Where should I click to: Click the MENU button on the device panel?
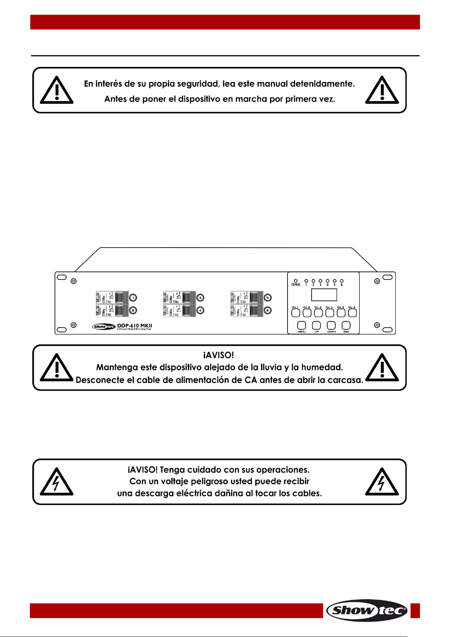(302, 325)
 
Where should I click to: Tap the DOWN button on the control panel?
(331, 325)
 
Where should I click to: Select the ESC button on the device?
(346, 325)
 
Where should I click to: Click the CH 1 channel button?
(296, 313)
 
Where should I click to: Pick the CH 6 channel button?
(353, 313)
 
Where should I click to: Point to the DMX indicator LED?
(295, 281)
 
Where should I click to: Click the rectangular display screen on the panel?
(324, 295)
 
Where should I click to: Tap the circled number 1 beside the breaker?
(133, 298)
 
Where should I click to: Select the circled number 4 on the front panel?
(201, 310)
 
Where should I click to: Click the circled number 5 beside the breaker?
(268, 298)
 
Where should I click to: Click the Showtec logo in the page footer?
(366, 610)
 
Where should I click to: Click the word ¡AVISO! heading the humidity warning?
(219, 355)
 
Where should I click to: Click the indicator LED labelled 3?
(320, 281)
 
